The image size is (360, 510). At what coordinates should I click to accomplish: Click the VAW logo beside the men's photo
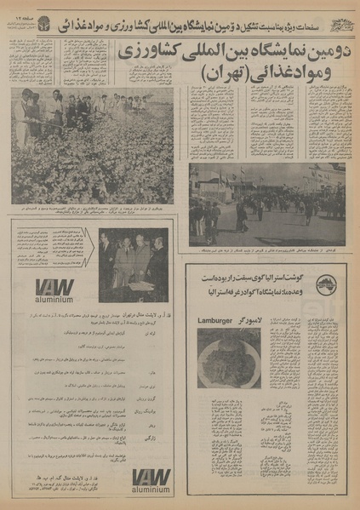coord(54,286)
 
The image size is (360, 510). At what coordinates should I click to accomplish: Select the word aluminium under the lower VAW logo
coord(151,492)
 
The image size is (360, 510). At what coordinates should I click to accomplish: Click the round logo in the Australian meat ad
coord(324,284)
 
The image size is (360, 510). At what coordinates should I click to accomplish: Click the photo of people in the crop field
coord(92,145)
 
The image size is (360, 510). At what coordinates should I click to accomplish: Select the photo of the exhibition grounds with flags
coord(266,203)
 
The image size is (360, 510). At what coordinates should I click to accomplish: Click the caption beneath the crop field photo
coord(92,211)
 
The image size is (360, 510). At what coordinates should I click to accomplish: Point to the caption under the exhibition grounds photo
coord(266,250)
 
